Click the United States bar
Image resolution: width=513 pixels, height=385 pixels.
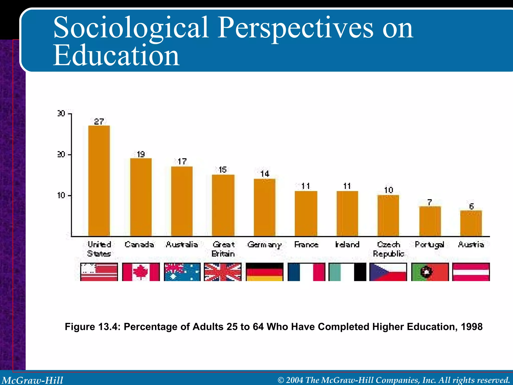point(99,180)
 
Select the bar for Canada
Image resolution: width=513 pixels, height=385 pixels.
point(141,197)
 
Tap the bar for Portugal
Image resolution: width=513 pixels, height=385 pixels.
point(430,221)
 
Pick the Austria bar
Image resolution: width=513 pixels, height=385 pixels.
point(471,223)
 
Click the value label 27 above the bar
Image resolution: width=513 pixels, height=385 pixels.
point(99,122)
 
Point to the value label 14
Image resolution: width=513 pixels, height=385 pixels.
point(265,174)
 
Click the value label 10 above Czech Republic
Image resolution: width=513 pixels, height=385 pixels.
point(389,190)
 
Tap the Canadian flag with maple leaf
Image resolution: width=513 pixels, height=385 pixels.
point(141,272)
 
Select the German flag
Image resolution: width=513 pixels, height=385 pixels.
point(265,272)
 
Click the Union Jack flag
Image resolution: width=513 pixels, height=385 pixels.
point(223,272)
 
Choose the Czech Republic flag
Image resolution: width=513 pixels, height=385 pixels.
point(388,272)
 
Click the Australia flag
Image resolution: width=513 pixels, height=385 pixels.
point(182,272)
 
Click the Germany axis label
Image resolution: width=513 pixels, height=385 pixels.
point(265,245)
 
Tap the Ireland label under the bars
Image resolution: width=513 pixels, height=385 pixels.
point(347,244)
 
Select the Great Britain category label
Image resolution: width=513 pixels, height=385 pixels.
point(223,249)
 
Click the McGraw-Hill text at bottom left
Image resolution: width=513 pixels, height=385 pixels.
point(33,380)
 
